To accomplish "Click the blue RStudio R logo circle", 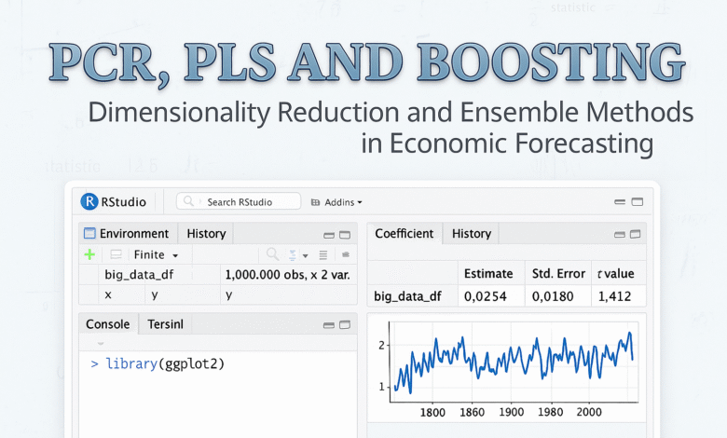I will click(89, 201).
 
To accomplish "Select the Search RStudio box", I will click(239, 201).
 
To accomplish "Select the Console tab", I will click(108, 324).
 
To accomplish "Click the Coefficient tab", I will click(404, 234).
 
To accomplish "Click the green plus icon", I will click(89, 254).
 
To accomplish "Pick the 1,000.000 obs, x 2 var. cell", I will click(287, 275).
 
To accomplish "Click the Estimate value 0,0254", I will click(487, 296).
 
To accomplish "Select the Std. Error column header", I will click(556, 273).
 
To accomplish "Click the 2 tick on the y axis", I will click(382, 345).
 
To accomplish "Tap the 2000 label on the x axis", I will click(588, 411).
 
